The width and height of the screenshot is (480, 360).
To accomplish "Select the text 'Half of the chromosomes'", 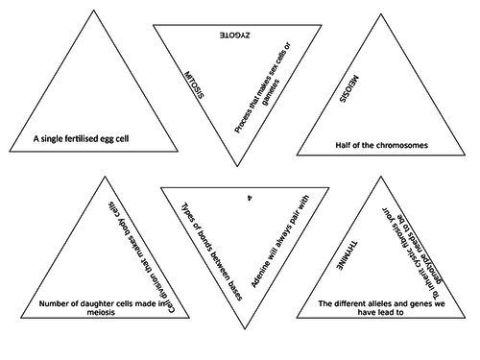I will pyautogui.click(x=381, y=146).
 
